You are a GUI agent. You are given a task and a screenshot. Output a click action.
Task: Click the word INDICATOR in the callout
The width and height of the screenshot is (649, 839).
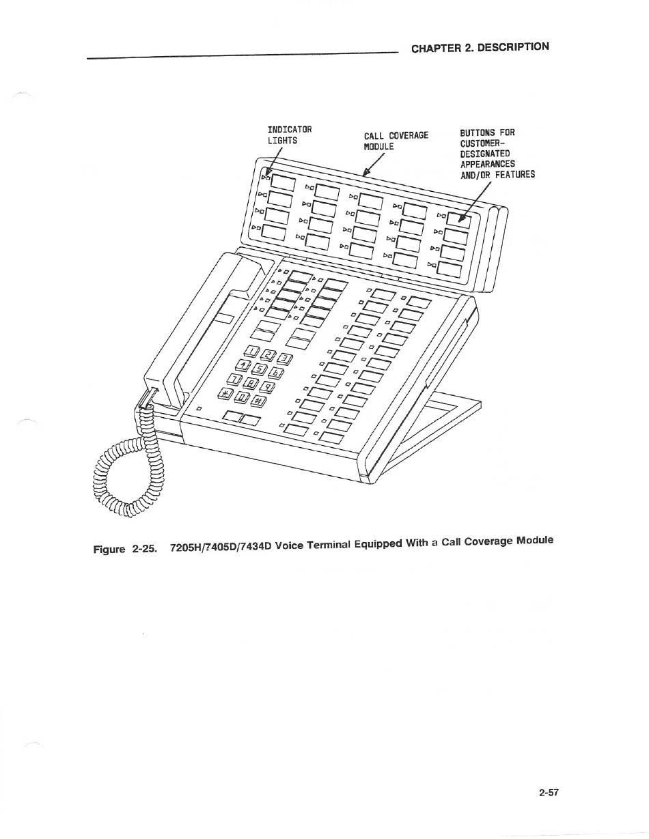(x=290, y=130)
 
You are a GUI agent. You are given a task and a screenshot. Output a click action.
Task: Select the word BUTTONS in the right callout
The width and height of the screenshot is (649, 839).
(x=478, y=132)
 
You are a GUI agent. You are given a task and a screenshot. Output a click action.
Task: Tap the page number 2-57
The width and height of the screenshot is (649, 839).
(x=549, y=793)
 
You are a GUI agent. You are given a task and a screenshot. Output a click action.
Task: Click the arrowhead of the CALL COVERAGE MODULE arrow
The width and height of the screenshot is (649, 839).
(x=367, y=173)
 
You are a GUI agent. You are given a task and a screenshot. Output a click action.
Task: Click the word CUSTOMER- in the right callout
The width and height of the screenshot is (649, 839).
(x=483, y=143)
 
